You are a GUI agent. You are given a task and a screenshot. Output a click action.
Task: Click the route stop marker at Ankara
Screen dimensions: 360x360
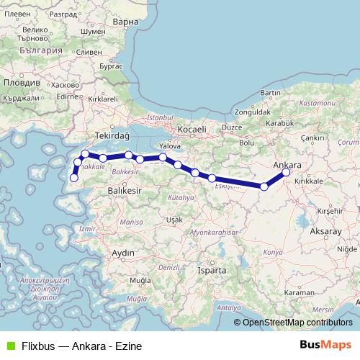pos(286,172)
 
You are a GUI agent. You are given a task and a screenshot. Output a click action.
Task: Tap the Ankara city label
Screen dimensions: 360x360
pos(288,164)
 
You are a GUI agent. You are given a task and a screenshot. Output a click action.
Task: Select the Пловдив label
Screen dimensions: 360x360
pos(18,84)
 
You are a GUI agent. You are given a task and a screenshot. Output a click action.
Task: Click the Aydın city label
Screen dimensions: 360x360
pos(124,253)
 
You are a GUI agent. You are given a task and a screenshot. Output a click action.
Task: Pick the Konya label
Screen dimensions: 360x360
pos(274,253)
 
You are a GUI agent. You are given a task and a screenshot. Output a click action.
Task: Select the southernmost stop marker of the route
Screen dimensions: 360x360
pos(73,178)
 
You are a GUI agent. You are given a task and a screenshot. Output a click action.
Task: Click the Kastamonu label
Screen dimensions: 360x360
pos(318,104)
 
